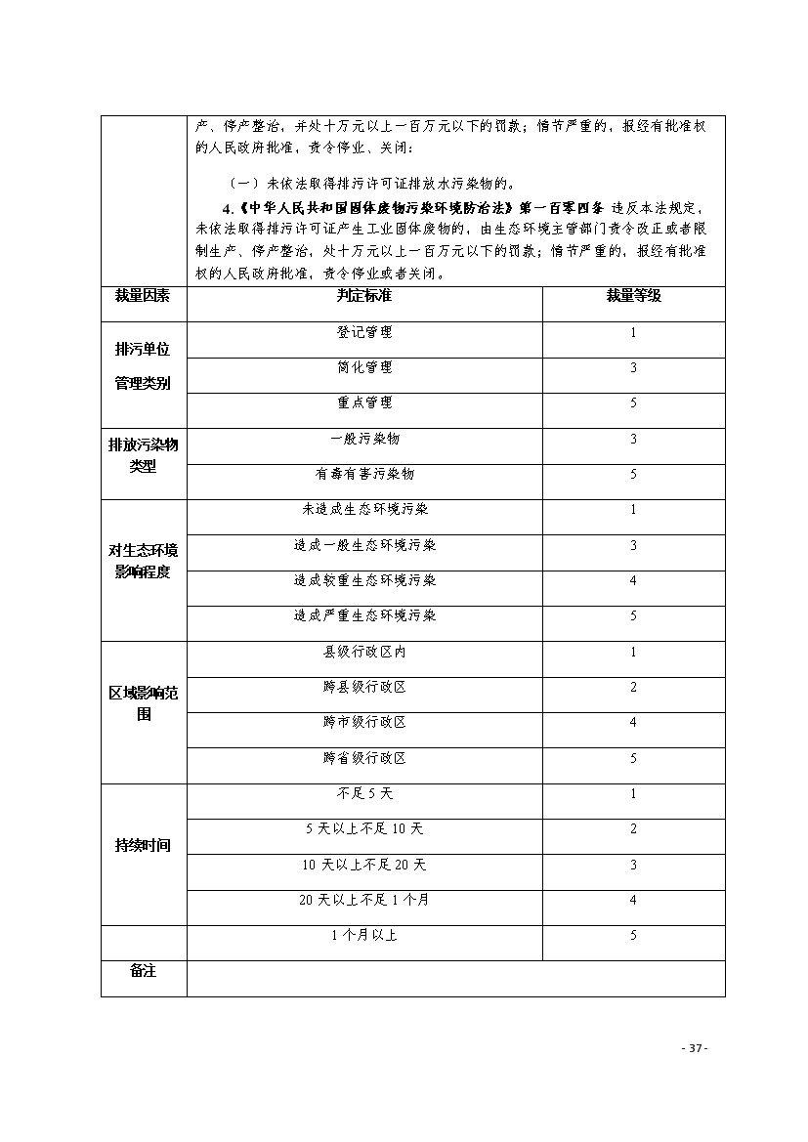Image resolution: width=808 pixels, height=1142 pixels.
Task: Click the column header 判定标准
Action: click(x=363, y=296)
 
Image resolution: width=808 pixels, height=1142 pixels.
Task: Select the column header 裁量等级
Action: click(x=633, y=296)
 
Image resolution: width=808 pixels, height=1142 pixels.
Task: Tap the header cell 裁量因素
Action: click(x=143, y=296)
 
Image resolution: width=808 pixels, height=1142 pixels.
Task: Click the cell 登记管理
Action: click(x=363, y=332)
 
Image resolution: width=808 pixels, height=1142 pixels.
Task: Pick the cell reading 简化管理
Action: click(x=363, y=367)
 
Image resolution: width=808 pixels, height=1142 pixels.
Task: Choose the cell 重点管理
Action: click(x=363, y=402)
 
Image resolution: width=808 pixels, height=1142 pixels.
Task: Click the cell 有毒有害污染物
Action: click(x=363, y=474)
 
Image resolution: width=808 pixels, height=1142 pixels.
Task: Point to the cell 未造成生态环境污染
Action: click(x=363, y=509)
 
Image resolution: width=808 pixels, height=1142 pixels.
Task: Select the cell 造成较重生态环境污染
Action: click(x=363, y=580)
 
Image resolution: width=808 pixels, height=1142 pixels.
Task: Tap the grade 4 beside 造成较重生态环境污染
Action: click(x=633, y=580)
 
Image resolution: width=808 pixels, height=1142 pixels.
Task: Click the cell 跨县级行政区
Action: click(x=363, y=687)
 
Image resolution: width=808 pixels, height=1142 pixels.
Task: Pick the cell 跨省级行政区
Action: click(x=363, y=758)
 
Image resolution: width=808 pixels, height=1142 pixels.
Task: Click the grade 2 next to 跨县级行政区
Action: click(x=633, y=687)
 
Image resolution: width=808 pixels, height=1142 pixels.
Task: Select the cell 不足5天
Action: click(x=363, y=793)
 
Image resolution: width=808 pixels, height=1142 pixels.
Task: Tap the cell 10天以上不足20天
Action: click(x=363, y=865)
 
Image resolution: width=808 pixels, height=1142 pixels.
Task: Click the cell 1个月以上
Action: click(x=363, y=935)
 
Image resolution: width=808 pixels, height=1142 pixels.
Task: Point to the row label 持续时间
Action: click(x=143, y=846)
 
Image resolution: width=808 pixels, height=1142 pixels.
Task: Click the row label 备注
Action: click(x=143, y=971)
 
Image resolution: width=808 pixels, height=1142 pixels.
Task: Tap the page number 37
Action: click(x=693, y=1048)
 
